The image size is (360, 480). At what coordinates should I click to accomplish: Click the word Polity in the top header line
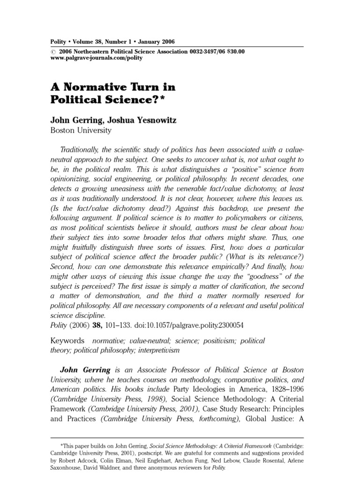(59, 41)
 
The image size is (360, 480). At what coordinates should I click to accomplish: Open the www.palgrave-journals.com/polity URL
(96, 58)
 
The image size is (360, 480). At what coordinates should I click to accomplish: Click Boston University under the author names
(81, 131)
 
